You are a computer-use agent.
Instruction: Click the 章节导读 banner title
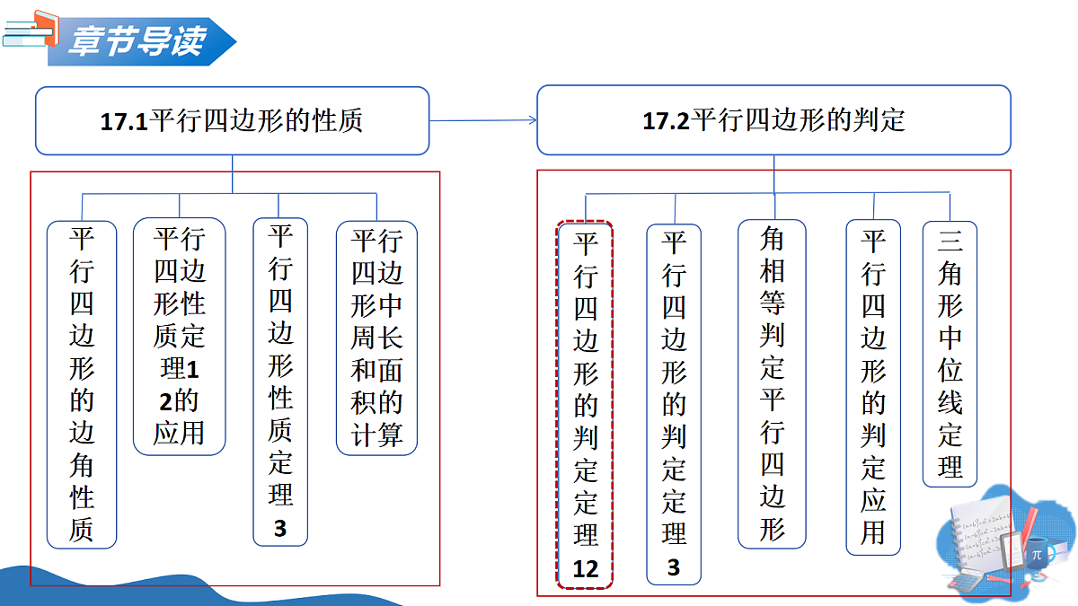point(137,41)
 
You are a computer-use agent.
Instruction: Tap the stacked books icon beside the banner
point(31,29)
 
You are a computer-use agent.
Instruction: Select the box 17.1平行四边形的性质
point(233,120)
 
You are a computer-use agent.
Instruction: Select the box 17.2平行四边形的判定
point(773,120)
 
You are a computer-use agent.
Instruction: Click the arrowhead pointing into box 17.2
point(534,120)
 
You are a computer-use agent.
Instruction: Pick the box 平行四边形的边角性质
point(82,385)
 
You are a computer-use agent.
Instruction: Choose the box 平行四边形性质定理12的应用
point(180,336)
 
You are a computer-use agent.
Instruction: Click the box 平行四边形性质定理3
point(280,382)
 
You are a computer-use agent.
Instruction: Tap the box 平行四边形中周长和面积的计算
point(376,338)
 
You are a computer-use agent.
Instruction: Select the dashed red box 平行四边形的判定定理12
point(585,405)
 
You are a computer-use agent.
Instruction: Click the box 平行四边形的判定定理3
point(674,405)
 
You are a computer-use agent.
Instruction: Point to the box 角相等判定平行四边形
point(772,384)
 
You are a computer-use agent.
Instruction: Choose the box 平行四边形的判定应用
point(873,387)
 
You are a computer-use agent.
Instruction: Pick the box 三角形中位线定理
point(950,354)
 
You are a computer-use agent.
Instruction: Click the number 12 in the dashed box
point(585,569)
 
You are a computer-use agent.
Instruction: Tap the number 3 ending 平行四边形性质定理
point(280,529)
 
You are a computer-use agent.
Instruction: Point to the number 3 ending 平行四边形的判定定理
point(674,567)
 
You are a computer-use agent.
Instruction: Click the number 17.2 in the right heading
point(666,120)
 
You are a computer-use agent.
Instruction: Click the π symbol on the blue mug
point(1037,555)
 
